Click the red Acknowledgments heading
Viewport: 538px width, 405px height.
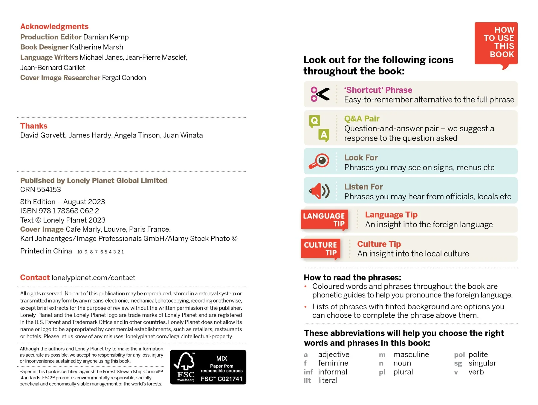pyautogui.click(x=54, y=27)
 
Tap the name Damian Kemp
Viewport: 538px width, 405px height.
pyautogui.click(x=106, y=37)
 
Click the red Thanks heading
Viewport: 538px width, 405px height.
pyautogui.click(x=34, y=126)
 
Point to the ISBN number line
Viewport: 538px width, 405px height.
pyautogui.click(x=59, y=211)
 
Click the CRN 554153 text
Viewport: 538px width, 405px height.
pyautogui.click(x=41, y=189)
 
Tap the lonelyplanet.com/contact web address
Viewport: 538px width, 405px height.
pyautogui.click(x=93, y=278)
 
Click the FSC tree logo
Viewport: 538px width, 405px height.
pyautogui.click(x=185, y=364)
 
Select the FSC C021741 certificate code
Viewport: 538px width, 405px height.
pyautogui.click(x=221, y=379)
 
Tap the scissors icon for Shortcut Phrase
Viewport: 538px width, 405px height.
pyautogui.click(x=320, y=94)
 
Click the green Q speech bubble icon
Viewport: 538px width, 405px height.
pyautogui.click(x=314, y=121)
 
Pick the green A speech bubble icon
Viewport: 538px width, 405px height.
pyautogui.click(x=324, y=135)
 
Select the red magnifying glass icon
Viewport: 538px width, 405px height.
pyautogui.click(x=319, y=161)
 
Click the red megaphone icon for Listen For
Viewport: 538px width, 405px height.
pyautogui.click(x=319, y=191)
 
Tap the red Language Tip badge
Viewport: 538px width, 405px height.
pyautogui.click(x=324, y=220)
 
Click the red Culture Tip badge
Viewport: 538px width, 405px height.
pyautogui.click(x=320, y=249)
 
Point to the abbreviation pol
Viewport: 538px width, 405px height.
pyautogui.click(x=459, y=355)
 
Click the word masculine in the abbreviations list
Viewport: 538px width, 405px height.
pyautogui.click(x=411, y=354)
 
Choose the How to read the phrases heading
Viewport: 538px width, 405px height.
pyautogui.click(x=352, y=278)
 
